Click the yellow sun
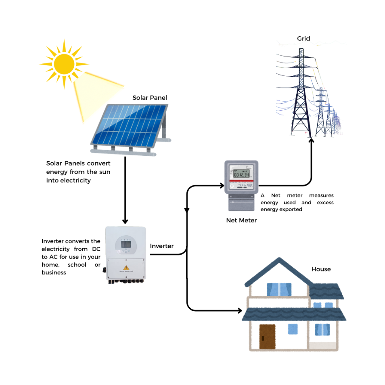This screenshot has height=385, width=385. click(64, 64)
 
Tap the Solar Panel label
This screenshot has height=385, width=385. click(150, 98)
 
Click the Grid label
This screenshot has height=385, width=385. click(303, 38)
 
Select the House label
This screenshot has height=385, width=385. click(321, 269)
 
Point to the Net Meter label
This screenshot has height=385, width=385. click(241, 220)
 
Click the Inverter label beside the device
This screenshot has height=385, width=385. click(162, 246)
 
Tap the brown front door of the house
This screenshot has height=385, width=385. click(267, 337)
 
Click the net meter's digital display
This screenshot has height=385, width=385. click(241, 174)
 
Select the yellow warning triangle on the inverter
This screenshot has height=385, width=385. click(126, 268)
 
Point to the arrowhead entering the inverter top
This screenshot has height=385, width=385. click(125, 221)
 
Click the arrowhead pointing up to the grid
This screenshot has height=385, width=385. click(311, 141)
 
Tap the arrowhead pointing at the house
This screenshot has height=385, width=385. click(239, 311)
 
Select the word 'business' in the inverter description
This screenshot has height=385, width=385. click(54, 272)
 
